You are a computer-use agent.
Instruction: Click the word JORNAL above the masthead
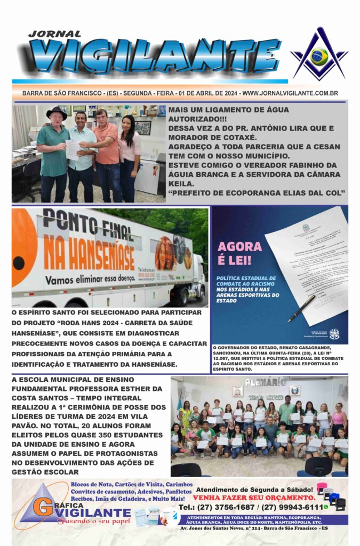pyautogui.click(x=54, y=34)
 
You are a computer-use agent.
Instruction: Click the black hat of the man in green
pyautogui.click(x=56, y=112)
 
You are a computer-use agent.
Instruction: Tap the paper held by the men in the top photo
pyautogui.click(x=73, y=149)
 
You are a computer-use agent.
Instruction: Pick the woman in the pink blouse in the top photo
pyautogui.click(x=129, y=155)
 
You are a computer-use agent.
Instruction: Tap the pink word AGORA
pyautogui.click(x=239, y=247)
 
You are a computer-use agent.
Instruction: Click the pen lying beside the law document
pyautogui.click(x=302, y=309)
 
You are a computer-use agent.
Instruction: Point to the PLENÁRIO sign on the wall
pyautogui.click(x=266, y=382)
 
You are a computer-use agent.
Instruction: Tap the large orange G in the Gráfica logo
pyautogui.click(x=42, y=506)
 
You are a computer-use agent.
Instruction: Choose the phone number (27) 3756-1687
pyautogui.click(x=223, y=507)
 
